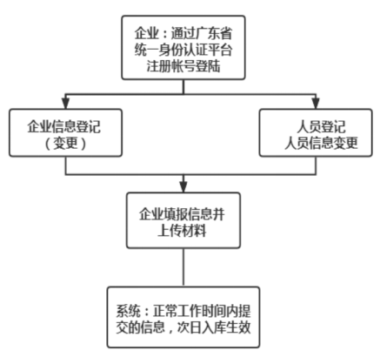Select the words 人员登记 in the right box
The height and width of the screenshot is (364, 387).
(x=316, y=121)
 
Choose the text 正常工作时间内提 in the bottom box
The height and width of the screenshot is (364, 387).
(x=205, y=307)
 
